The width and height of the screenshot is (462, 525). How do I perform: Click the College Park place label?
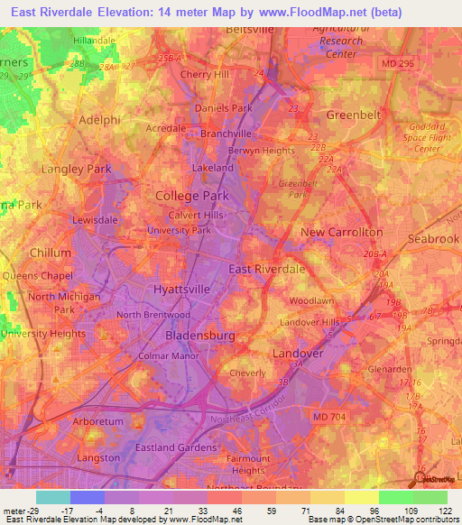pyautogui.click(x=191, y=195)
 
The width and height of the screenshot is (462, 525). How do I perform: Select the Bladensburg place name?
pyautogui.click(x=200, y=336)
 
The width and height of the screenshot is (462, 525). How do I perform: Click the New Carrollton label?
pyautogui.click(x=342, y=232)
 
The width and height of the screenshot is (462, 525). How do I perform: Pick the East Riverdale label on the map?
pyautogui.click(x=266, y=269)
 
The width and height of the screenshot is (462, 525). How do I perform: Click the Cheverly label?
pyautogui.click(x=246, y=373)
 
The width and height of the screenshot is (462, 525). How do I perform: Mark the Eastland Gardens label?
pyautogui.click(x=176, y=447)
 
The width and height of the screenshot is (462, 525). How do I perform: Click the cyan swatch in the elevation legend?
pyautogui.click(x=52, y=497)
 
